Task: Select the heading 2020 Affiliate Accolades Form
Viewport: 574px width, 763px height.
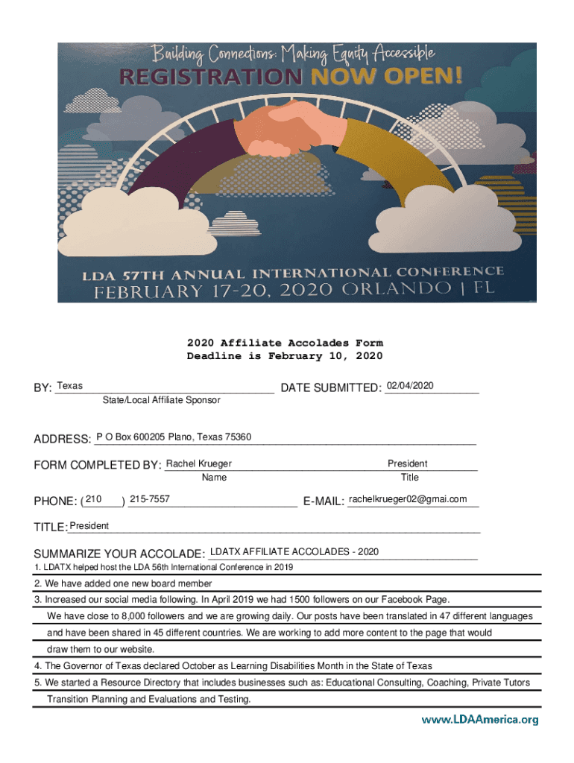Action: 285,343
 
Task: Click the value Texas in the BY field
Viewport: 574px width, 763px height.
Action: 70,386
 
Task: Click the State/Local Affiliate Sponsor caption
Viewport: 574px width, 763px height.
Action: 162,400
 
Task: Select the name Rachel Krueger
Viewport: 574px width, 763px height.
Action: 198,463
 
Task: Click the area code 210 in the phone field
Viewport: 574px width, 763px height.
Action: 95,498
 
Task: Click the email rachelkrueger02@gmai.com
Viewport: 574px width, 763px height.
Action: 408,499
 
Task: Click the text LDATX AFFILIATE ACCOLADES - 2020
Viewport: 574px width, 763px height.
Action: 294,551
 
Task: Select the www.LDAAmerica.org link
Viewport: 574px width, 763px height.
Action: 479,720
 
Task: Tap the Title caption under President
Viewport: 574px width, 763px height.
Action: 410,477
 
